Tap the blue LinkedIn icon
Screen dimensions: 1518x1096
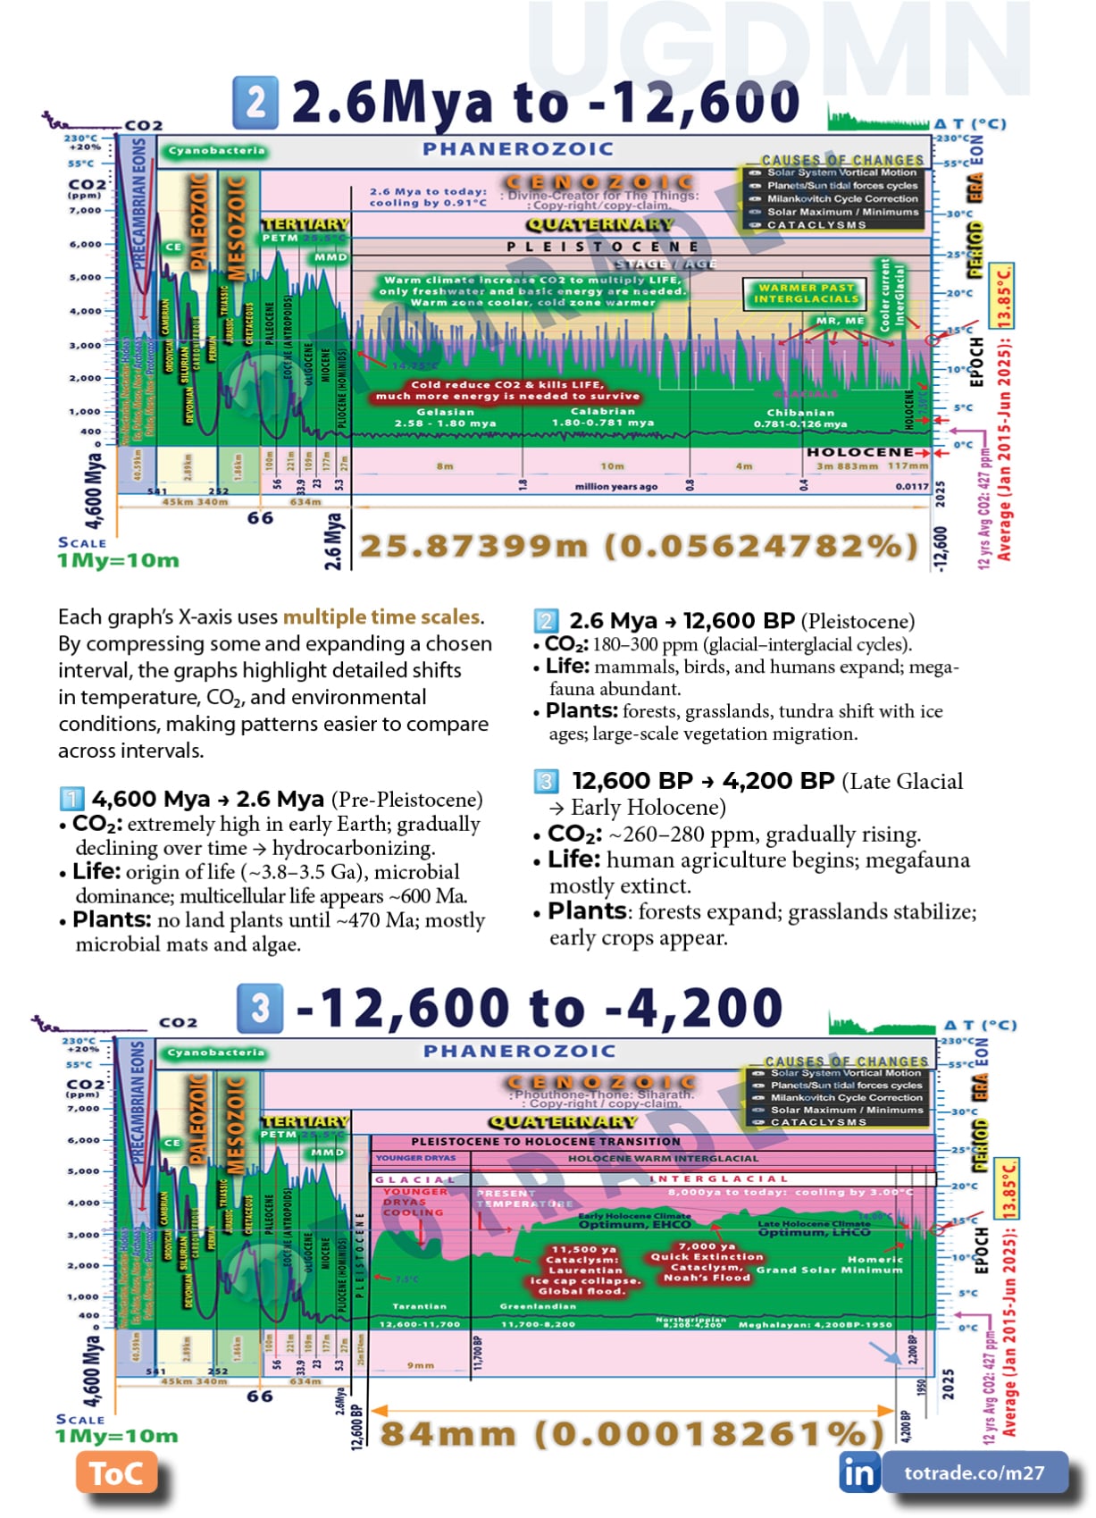(x=858, y=1472)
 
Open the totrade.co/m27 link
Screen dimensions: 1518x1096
(x=975, y=1472)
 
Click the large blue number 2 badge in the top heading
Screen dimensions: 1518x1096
(x=255, y=102)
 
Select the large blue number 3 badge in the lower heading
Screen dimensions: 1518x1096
(x=260, y=1008)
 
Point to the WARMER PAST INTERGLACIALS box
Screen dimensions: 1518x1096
(x=807, y=293)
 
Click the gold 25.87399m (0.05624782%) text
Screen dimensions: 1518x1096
(x=639, y=546)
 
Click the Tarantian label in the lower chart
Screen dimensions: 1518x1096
(x=419, y=1306)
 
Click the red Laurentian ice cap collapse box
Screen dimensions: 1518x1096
(x=585, y=1270)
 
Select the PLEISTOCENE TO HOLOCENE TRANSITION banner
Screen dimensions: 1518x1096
(x=545, y=1141)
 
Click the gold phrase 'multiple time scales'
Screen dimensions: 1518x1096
(x=381, y=616)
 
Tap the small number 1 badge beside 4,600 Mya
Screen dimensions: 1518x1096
(x=71, y=798)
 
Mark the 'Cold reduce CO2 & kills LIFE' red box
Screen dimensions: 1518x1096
(x=507, y=390)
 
